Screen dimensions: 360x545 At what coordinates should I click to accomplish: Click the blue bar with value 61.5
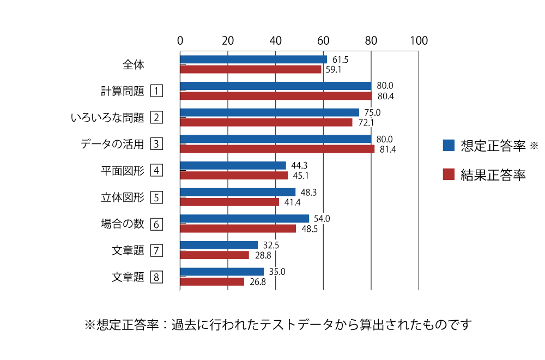[253, 59]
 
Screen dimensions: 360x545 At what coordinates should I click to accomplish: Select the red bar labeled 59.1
[251, 70]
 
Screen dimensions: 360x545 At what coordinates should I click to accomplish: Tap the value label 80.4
[386, 96]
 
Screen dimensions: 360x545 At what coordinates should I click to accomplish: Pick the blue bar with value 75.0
[269, 112]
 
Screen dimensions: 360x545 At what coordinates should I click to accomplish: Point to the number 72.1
[366, 123]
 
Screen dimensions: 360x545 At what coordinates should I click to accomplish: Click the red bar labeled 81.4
[277, 149]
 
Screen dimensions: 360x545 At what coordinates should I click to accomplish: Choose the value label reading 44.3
[299, 165]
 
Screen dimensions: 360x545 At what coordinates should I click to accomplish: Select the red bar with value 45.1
[234, 176]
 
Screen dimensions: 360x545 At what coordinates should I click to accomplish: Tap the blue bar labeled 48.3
[238, 192]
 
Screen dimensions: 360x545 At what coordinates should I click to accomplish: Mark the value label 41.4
[292, 202]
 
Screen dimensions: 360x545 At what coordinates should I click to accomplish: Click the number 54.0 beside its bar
[322, 219]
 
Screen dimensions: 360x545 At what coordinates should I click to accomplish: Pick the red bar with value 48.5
[238, 229]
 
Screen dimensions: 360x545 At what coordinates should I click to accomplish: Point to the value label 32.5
[271, 245]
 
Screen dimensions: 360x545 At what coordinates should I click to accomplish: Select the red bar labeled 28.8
[215, 255]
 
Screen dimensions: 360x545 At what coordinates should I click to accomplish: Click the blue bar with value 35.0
[222, 272]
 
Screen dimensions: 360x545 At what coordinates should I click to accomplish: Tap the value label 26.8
[257, 282]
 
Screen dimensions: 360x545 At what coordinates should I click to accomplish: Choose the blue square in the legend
[449, 145]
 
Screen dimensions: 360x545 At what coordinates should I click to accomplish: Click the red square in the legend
[449, 174]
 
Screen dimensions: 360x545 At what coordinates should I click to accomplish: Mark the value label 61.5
[340, 59]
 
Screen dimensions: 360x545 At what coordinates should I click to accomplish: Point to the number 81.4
[387, 149]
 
